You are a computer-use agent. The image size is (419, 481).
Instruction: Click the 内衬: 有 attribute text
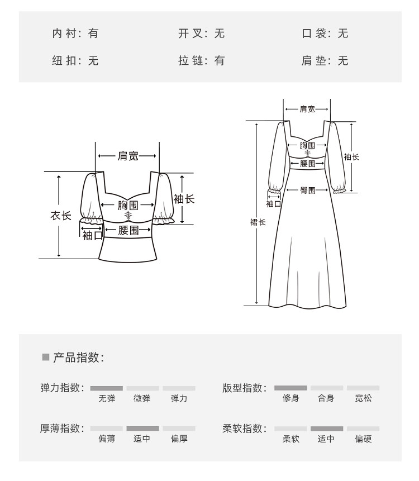pos(75,34)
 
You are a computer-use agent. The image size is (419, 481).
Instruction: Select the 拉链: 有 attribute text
pos(201,61)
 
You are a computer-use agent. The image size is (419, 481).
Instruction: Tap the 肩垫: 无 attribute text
pos(325,61)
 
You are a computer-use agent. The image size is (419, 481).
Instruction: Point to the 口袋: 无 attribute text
pos(325,34)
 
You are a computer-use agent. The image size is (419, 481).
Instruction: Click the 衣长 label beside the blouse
pos(61,215)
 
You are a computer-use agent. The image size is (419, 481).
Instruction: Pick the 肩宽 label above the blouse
pos(128,156)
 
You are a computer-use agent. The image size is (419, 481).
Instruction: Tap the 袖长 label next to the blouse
pos(184,199)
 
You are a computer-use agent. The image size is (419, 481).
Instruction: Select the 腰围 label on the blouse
pos(128,230)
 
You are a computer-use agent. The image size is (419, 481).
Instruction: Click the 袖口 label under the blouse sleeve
pos(93,236)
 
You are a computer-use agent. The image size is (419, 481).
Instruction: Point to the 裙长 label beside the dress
pos(258,222)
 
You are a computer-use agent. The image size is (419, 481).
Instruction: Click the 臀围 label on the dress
pos(308,191)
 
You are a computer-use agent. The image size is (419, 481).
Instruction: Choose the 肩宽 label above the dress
pos(307,109)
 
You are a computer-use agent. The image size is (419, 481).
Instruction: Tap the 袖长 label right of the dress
pos(351,157)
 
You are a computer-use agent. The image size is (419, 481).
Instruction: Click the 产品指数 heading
pos(78,358)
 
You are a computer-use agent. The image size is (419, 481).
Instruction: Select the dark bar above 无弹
pos(106,388)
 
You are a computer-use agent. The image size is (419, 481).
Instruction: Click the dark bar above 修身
pos(291,388)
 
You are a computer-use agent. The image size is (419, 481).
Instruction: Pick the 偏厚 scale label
pos(179,439)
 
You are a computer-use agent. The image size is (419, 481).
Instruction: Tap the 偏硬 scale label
pos(363,439)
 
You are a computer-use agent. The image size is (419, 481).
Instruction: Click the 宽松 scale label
pos(363,398)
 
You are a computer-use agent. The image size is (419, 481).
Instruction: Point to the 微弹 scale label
pos(142,398)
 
